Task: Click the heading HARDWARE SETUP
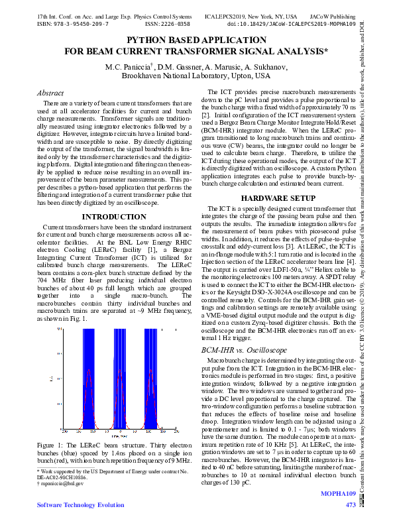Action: (x=278, y=198)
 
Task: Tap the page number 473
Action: (x=351, y=505)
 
